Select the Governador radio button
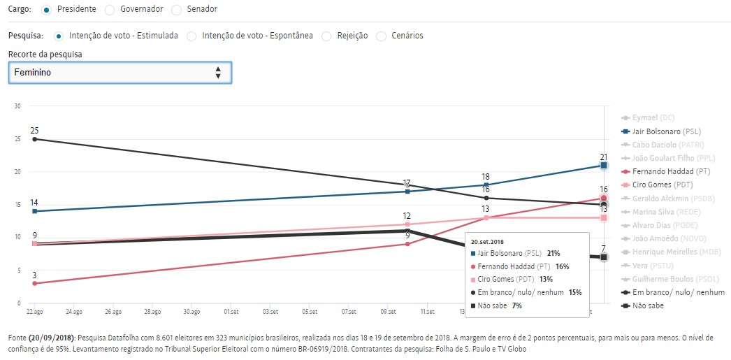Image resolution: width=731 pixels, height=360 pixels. point(110,10)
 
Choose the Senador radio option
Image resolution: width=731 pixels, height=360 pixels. point(177,10)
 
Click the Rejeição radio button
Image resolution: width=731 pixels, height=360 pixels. point(326,36)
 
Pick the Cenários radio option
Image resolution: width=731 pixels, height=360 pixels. point(382,36)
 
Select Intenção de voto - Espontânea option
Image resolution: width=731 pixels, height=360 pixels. point(192,36)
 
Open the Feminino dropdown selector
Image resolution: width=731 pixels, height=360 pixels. point(120,73)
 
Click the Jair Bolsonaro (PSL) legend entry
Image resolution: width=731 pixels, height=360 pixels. point(665,131)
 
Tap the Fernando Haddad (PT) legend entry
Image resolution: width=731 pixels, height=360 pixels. point(665,171)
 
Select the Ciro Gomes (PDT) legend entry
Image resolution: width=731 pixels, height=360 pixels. point(660,185)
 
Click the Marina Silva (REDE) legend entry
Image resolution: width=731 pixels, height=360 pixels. point(661,212)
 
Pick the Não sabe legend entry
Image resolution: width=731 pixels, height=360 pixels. point(646,305)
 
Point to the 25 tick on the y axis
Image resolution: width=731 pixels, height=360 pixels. point(18,139)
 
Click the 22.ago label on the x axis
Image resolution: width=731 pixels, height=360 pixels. point(34,312)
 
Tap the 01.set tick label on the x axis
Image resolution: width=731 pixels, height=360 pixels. point(231,312)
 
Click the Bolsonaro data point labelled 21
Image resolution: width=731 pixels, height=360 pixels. point(604,166)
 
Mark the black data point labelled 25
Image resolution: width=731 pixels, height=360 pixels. point(34,139)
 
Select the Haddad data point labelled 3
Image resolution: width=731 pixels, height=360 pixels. point(34,283)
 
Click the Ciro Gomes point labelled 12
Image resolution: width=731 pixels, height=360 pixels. point(407,224)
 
